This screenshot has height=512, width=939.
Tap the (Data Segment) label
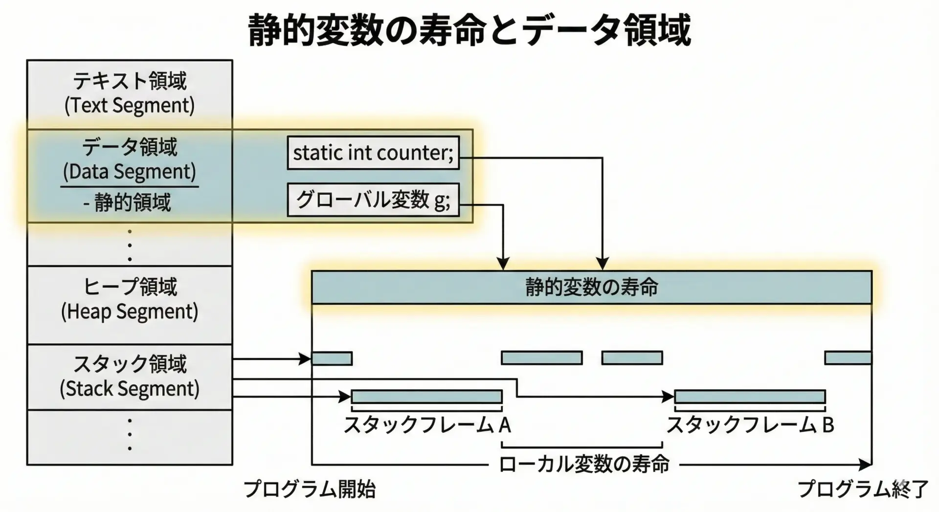point(130,172)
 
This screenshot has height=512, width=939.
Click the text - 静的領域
point(128,202)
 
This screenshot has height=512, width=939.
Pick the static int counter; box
point(373,153)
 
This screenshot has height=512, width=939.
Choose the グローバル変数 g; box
point(373,200)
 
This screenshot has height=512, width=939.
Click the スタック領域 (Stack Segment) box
point(130,377)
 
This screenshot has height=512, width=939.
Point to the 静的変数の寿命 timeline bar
point(591,287)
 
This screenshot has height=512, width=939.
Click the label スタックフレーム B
point(750,425)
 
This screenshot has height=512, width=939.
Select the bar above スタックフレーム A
point(426,396)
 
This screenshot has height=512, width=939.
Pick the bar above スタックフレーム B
point(750,396)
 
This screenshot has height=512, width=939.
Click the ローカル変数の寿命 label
point(584,464)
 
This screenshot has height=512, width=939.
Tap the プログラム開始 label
point(310,489)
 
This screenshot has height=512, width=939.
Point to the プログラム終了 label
point(863,489)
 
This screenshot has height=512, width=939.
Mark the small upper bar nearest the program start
point(332,358)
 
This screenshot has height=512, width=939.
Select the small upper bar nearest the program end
point(848,358)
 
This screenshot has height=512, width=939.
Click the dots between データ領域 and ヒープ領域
point(130,245)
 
